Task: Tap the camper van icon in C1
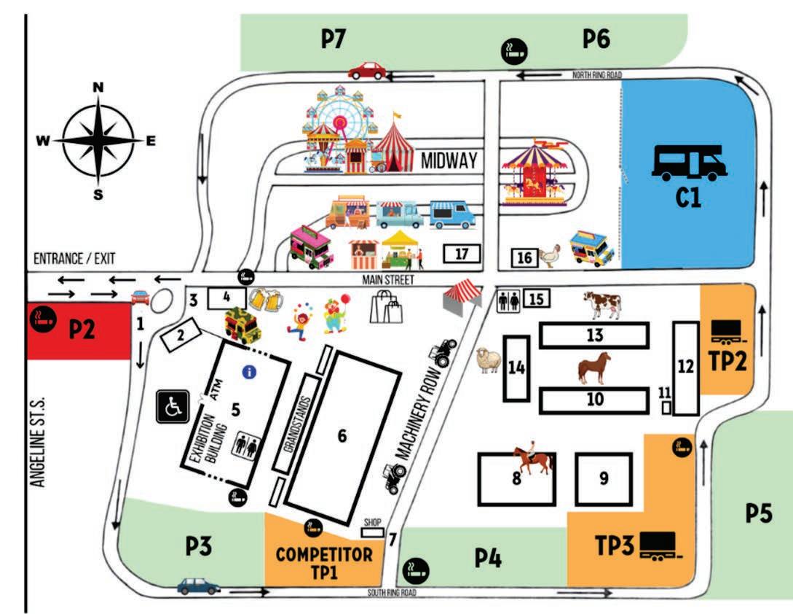click(689, 161)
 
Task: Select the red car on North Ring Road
click(368, 70)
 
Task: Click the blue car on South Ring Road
click(199, 585)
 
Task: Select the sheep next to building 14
click(486, 360)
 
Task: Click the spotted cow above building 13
click(602, 303)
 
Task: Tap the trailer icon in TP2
click(729, 333)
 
